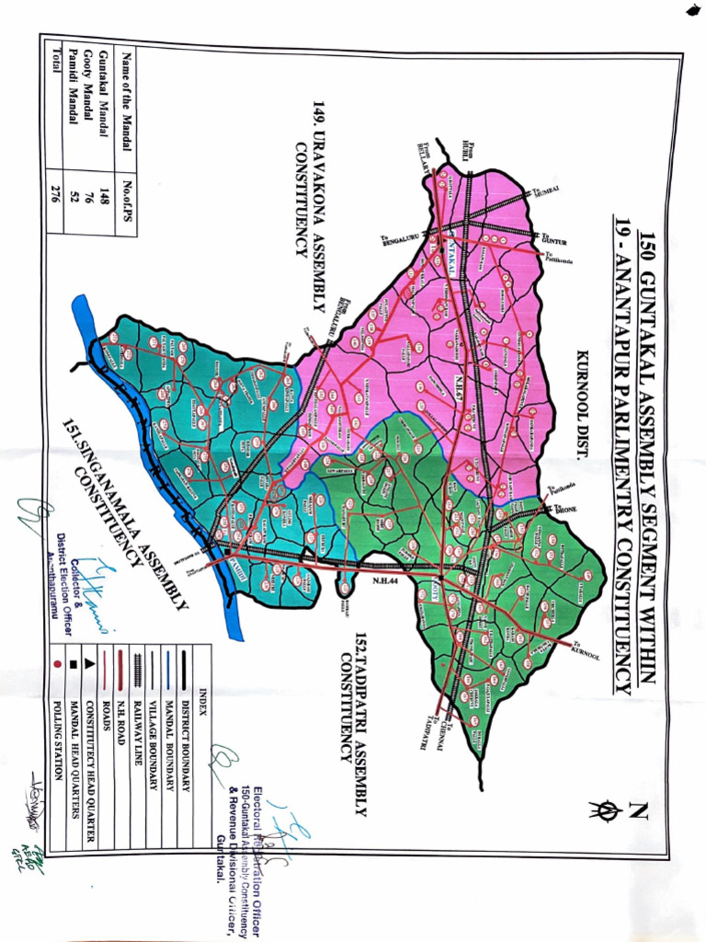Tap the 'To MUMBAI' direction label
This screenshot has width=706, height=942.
point(544,190)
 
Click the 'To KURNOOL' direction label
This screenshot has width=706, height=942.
point(585,652)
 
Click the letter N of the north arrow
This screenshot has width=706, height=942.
point(637,810)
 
